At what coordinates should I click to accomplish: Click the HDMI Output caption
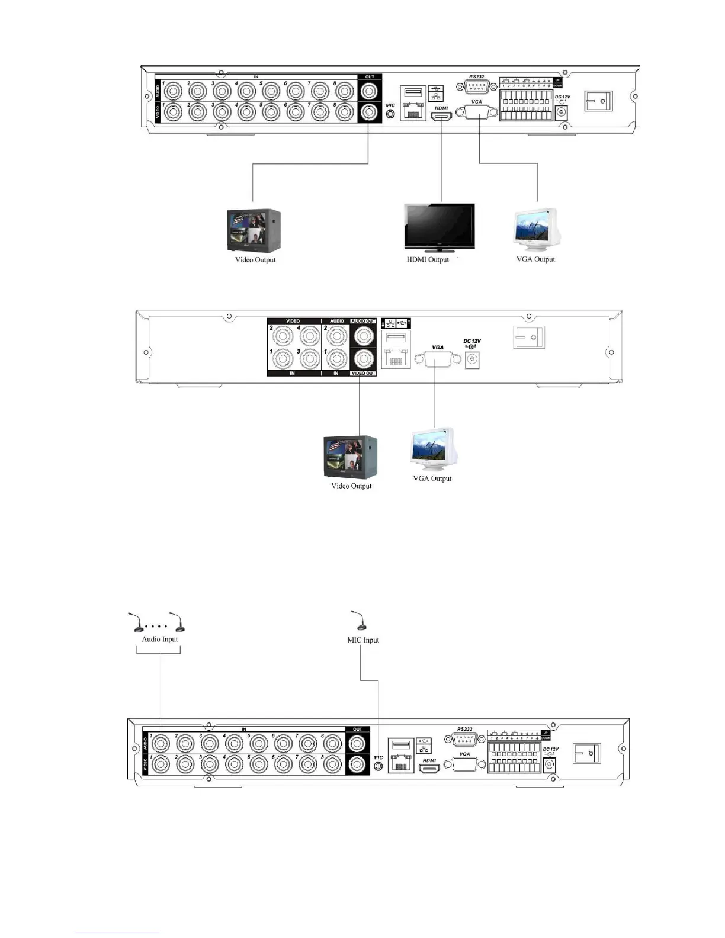428,259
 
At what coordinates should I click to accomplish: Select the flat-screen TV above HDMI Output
439,226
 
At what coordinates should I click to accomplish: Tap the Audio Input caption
159,639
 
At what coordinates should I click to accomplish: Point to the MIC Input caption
363,640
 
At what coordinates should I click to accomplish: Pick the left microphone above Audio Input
136,622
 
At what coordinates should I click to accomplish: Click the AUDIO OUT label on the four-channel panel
364,321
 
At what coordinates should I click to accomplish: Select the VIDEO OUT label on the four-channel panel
364,373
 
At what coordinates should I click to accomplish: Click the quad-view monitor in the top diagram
254,231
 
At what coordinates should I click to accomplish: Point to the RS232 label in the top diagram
477,76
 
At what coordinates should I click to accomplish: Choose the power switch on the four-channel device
528,337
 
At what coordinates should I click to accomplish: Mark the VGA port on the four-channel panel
438,359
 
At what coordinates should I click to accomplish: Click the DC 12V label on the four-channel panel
472,341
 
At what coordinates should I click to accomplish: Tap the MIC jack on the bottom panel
379,766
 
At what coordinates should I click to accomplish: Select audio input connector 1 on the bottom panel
161,743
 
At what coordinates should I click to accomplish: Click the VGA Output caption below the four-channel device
432,478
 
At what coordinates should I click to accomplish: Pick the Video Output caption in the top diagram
255,259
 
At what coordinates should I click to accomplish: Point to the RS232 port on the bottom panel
465,738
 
